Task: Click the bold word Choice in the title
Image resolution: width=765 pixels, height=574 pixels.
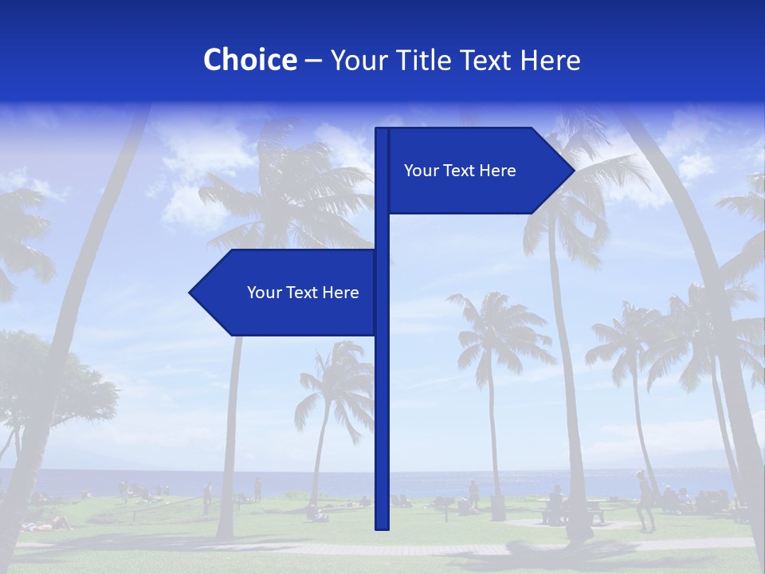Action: [x=249, y=61]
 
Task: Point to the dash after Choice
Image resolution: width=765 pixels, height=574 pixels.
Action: [x=313, y=61]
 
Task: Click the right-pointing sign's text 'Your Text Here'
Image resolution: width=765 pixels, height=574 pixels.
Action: [x=460, y=171]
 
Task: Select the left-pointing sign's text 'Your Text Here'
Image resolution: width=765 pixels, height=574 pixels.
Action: [x=303, y=293]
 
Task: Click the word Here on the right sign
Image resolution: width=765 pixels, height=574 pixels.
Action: [x=497, y=171]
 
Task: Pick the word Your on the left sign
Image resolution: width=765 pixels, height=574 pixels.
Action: [x=263, y=293]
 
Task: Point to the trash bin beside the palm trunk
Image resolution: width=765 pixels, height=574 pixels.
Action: [x=498, y=507]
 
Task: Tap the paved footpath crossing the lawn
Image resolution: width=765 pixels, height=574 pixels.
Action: [x=319, y=549]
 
